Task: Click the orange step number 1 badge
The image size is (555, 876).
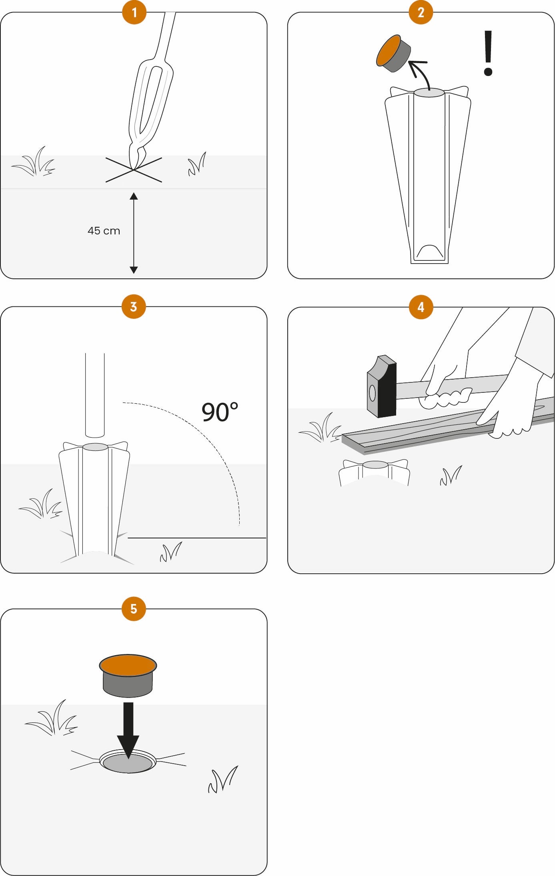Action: pos(134,12)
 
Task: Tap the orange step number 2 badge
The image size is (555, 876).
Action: pos(421,12)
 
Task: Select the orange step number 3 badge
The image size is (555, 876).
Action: pos(134,307)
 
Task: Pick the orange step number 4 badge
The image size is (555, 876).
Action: pos(421,307)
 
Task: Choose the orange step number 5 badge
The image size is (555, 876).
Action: pos(134,609)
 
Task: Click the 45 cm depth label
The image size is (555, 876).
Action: pos(104,231)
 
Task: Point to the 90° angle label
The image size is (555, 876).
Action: pos(220,412)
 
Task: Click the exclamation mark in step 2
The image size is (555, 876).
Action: pos(488,53)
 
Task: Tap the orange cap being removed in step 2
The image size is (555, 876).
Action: pos(393,54)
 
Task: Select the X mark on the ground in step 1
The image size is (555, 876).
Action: pos(134,170)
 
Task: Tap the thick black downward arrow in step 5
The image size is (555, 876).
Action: pos(128,730)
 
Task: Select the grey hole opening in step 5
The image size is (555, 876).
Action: pos(128,763)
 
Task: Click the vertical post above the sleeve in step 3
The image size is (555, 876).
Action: pos(95,395)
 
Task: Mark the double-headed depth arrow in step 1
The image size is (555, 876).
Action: pos(134,233)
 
